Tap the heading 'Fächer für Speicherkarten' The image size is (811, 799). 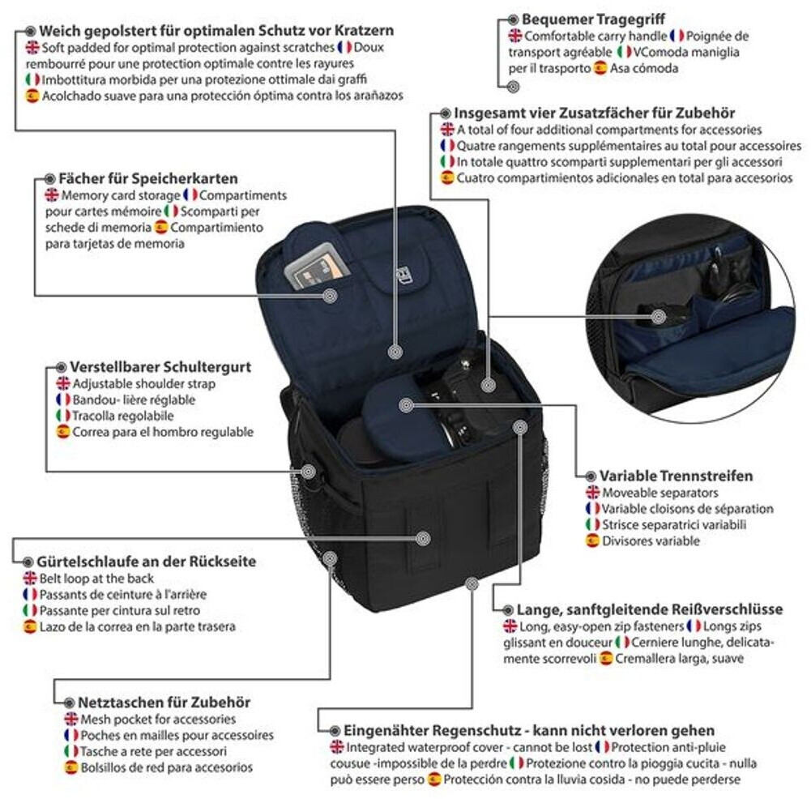148,178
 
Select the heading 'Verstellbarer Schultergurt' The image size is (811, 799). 160,367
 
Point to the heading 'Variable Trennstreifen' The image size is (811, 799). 676,476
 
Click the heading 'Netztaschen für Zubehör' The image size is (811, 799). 164,702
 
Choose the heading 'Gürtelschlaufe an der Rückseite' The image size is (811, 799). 146,561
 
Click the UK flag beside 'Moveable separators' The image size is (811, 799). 592,493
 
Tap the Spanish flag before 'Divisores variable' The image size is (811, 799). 592,540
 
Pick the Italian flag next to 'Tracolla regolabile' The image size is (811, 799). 62,416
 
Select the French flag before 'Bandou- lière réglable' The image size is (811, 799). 62,399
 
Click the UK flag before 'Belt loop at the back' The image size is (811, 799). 30,578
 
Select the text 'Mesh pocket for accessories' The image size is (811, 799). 158,719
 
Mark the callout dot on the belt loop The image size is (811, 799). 422,537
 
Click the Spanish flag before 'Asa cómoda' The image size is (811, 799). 600,68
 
